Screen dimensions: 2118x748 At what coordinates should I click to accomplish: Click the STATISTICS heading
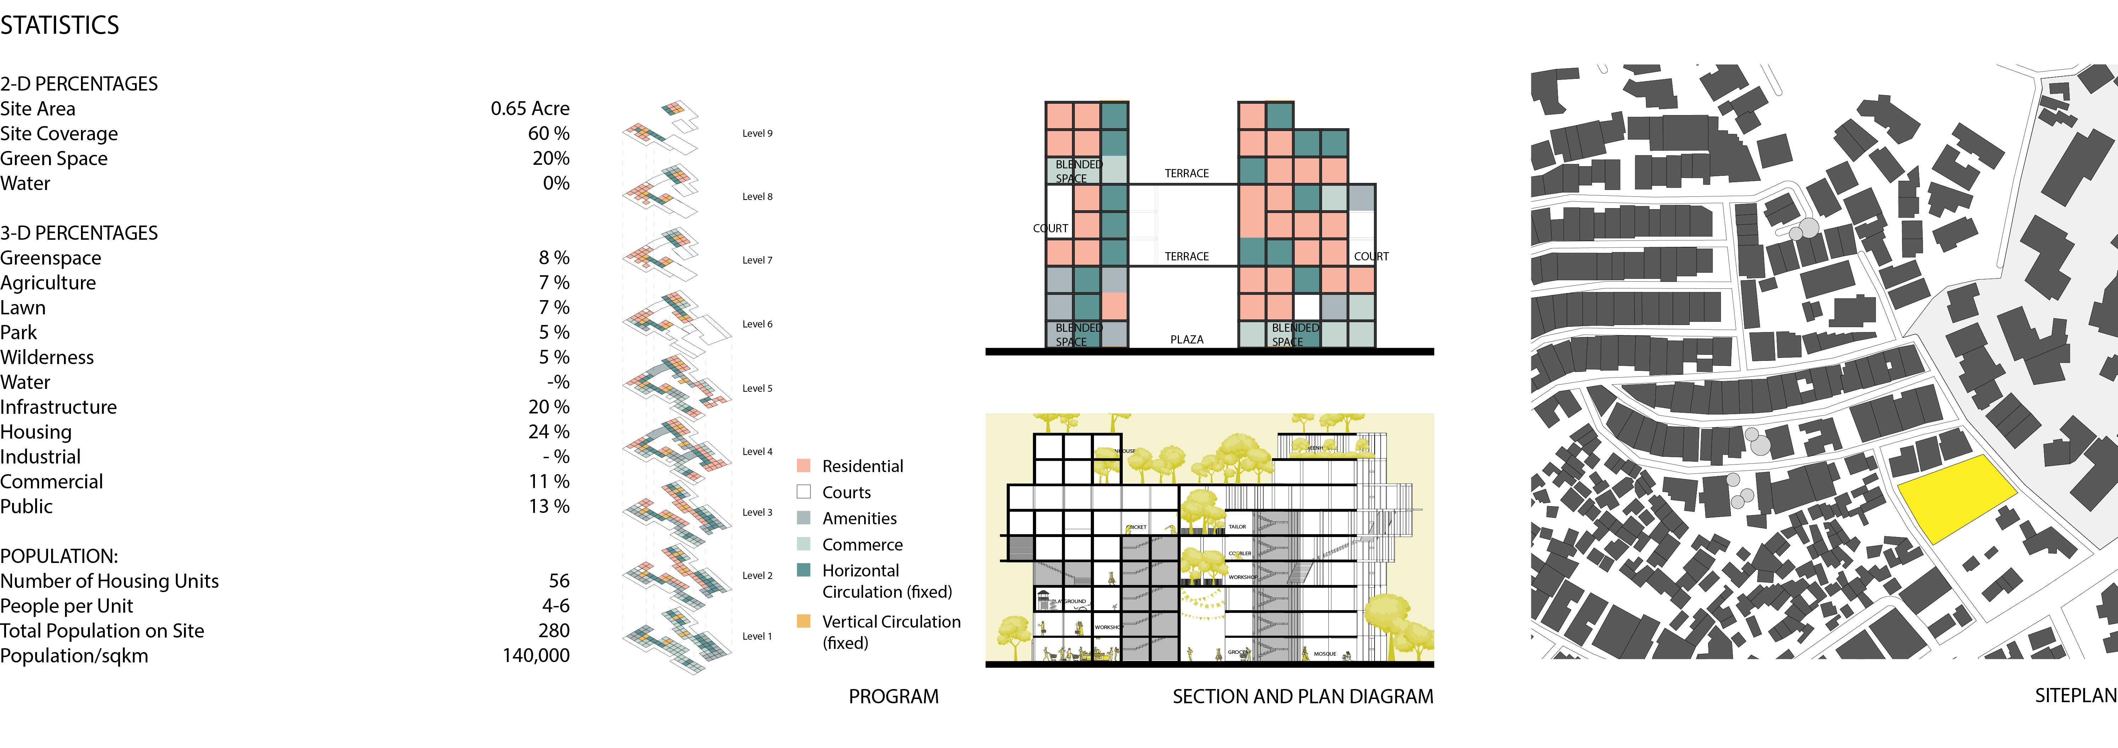point(59,26)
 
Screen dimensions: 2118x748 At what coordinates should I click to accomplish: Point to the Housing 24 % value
point(548,432)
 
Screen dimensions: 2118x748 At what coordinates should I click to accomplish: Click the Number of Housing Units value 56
point(559,581)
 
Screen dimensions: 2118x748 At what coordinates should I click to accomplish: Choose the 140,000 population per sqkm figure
point(536,655)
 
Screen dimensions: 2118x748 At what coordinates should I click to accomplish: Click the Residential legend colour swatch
point(804,465)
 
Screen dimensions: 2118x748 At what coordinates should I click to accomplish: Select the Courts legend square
point(804,492)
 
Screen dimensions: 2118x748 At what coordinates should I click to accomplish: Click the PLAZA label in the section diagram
point(1186,340)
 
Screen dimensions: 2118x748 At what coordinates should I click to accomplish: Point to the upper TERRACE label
point(1186,173)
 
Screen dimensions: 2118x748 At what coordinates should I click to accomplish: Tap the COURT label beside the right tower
point(1371,256)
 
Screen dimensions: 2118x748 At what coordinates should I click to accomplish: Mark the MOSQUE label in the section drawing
point(1325,654)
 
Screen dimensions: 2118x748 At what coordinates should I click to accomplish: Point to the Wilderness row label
point(47,358)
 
